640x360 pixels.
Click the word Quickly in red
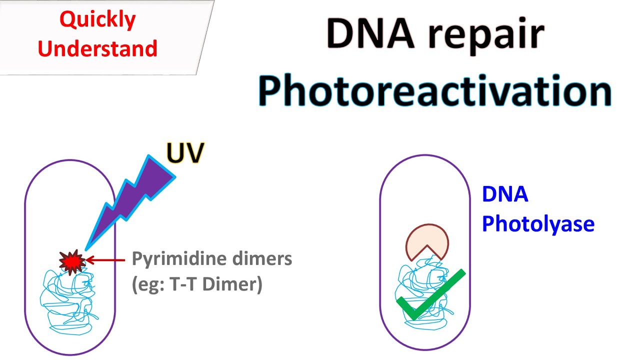point(97,20)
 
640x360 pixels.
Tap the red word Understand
point(97,48)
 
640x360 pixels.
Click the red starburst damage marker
point(71,260)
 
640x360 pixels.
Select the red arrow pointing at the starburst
point(105,260)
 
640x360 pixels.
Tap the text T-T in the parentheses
point(192,285)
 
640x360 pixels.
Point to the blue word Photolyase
point(538,224)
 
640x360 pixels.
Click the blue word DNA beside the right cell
point(505,194)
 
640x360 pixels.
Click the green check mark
point(430,295)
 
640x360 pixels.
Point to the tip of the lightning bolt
point(86,248)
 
